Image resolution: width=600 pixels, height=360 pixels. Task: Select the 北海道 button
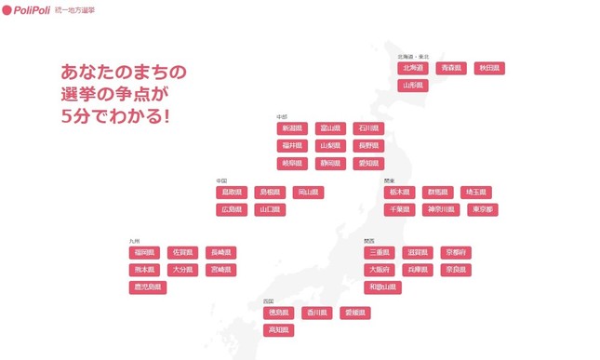[412, 68]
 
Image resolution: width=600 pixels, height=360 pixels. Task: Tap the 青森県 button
[451, 68]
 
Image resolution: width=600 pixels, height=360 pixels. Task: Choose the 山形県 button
[412, 86]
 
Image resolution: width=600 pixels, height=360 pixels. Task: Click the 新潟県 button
[292, 128]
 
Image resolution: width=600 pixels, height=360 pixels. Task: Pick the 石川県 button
[368, 128]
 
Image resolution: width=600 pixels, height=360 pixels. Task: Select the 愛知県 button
[368, 163]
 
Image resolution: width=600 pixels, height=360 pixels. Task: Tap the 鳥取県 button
[231, 193]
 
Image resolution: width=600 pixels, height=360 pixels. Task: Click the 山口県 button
[269, 210]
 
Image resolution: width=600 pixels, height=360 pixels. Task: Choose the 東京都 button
[482, 210]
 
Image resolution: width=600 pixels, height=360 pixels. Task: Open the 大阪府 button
[380, 270]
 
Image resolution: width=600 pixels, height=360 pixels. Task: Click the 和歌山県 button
[383, 287]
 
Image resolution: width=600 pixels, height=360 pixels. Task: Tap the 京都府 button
[456, 252]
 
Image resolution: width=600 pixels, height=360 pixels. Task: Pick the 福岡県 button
[144, 252]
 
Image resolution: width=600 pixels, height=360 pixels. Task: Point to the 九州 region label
[134, 241]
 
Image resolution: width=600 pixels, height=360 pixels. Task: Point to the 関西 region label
[369, 241]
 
